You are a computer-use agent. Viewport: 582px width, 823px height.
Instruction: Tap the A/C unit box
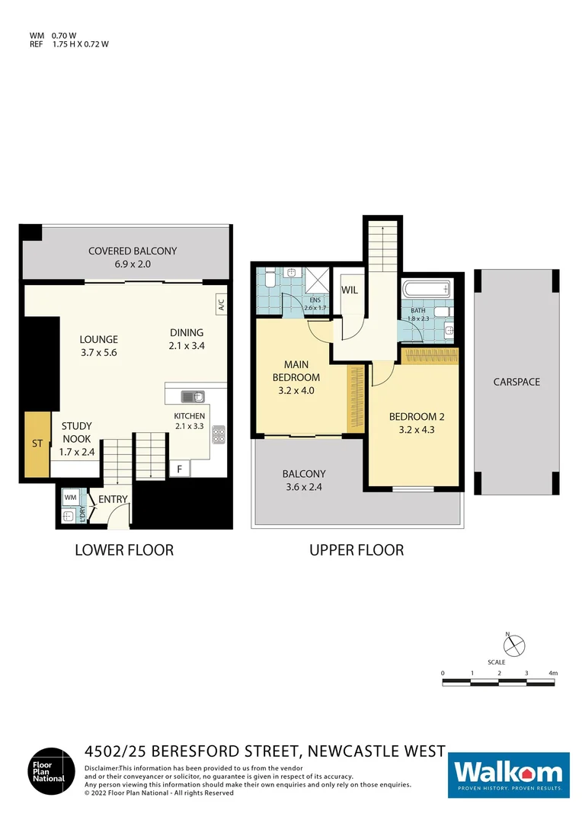[x=221, y=306]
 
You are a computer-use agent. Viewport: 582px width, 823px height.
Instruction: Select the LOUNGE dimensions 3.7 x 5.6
[x=99, y=353]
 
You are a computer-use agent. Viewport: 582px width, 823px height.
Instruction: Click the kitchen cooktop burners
[x=219, y=434]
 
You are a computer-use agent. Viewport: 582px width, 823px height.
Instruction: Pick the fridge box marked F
[x=180, y=469]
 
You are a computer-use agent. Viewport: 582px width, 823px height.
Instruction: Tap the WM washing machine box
[x=70, y=498]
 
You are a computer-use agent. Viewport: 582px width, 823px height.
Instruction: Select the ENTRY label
[x=113, y=500]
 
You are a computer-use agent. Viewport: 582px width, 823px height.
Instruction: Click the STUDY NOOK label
[x=75, y=433]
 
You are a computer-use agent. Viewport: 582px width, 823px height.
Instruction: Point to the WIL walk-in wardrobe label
[x=350, y=290]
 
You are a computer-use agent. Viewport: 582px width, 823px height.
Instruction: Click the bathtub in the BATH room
[x=426, y=290]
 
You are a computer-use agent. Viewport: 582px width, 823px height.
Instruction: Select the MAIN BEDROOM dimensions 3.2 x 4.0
[x=296, y=390]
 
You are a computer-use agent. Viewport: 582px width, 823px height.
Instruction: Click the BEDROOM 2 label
[x=416, y=417]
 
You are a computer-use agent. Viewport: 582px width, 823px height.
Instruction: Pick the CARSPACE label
[x=516, y=382]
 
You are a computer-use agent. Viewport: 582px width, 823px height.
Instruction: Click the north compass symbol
[x=516, y=645]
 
